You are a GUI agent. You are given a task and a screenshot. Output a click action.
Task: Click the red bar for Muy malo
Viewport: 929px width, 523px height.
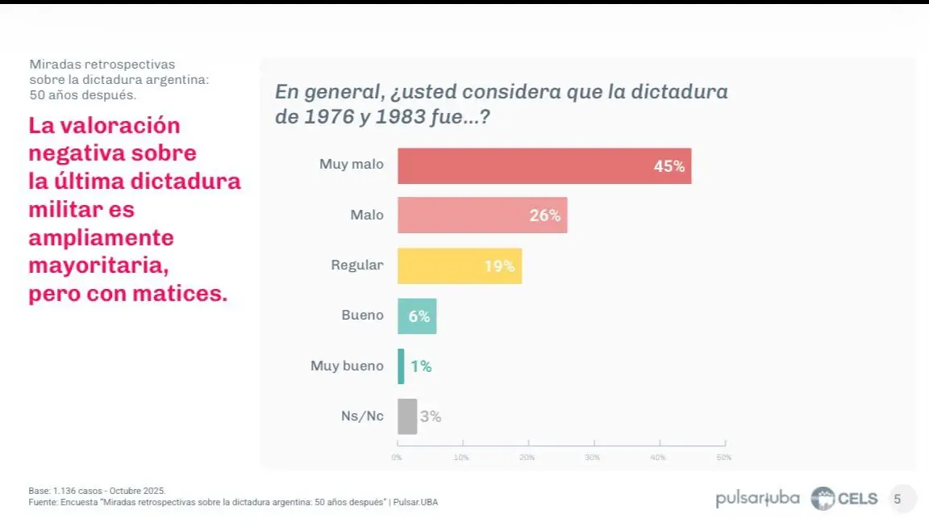(544, 166)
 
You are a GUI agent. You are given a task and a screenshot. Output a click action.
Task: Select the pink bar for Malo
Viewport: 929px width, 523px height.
(482, 215)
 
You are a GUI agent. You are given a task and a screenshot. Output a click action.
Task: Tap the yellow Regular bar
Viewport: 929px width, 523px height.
(460, 266)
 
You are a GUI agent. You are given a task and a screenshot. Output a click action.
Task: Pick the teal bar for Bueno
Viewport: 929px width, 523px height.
(417, 316)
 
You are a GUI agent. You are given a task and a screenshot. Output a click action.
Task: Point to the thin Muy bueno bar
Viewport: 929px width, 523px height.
(401, 366)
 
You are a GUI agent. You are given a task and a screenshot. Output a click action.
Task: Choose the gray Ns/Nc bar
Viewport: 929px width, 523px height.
(407, 416)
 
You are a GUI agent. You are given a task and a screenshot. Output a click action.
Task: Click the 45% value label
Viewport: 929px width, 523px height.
(669, 167)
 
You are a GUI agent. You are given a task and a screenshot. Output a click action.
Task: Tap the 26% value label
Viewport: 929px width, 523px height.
(545, 216)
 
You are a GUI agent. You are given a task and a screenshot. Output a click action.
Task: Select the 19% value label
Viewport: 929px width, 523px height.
(499, 266)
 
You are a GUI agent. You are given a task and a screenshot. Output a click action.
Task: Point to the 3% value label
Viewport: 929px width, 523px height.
(431, 417)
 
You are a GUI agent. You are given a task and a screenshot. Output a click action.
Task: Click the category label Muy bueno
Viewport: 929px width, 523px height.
(347, 366)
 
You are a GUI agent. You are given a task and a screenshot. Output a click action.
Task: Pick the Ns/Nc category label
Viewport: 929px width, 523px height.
(363, 416)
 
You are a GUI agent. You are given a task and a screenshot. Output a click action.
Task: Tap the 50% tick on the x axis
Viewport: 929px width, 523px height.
(724, 458)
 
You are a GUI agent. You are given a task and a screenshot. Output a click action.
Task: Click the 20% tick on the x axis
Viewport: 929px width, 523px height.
(527, 458)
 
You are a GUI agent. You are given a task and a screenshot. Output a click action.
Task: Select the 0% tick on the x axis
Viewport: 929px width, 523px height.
(397, 458)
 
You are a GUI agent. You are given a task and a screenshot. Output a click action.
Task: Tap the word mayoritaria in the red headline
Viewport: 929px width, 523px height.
(98, 265)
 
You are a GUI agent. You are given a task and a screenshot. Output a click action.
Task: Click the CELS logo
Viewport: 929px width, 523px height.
(844, 499)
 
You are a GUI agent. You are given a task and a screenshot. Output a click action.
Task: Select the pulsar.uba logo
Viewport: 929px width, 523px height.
(757, 499)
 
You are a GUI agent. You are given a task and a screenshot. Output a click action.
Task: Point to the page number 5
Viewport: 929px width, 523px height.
(898, 499)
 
